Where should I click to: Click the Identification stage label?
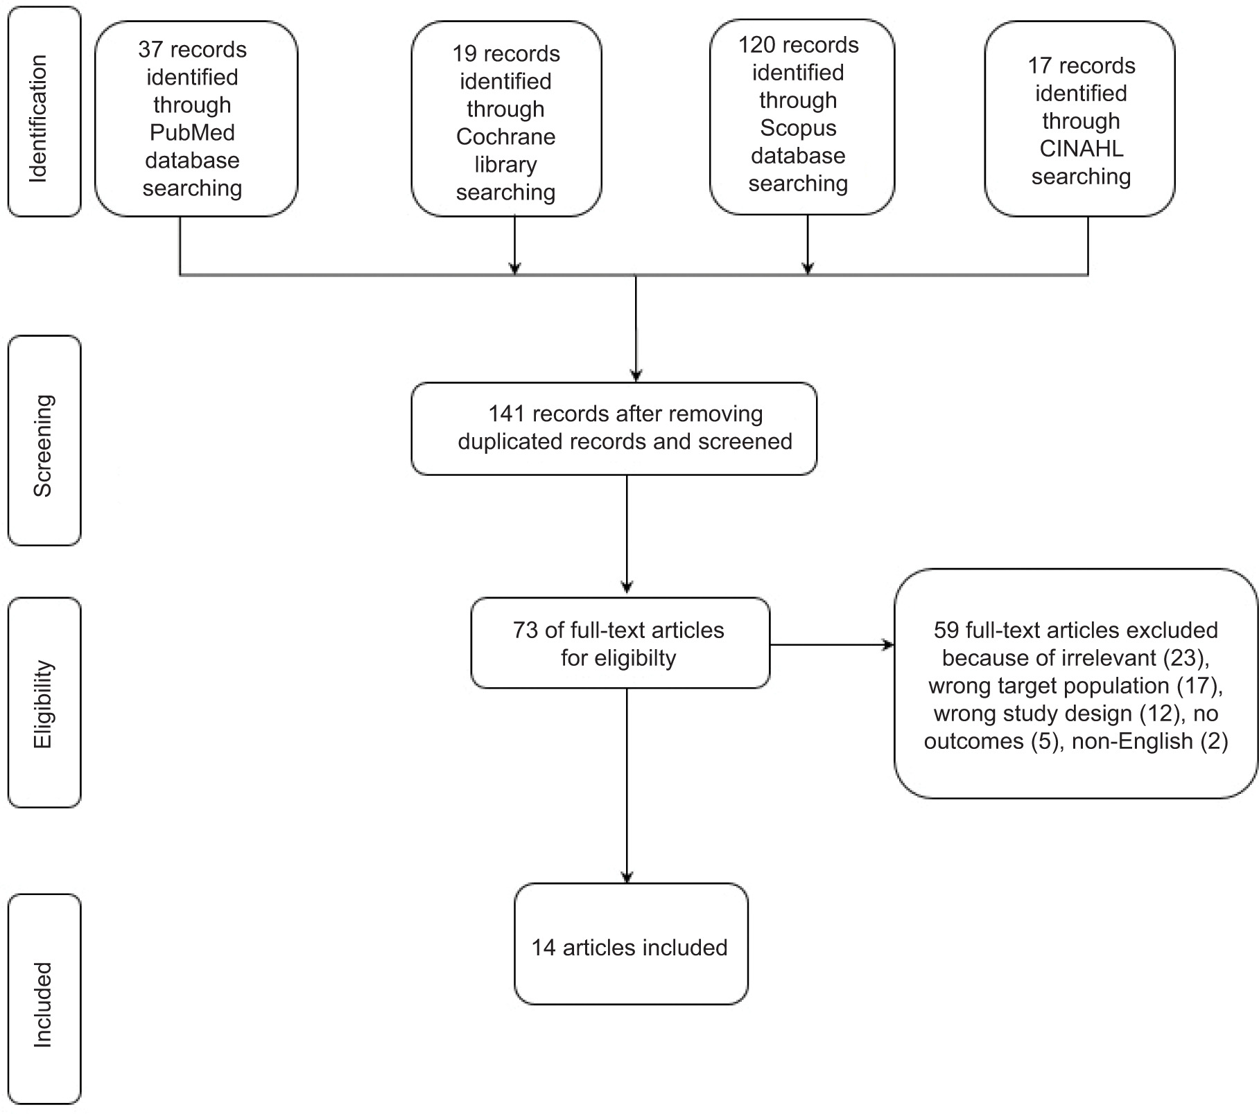(x=38, y=118)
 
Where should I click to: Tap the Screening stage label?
(x=43, y=445)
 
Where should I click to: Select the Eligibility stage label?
(x=43, y=704)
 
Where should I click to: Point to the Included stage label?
(x=43, y=1005)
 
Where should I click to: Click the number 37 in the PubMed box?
(x=150, y=50)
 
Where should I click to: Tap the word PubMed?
(x=193, y=132)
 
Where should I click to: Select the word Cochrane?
(x=506, y=136)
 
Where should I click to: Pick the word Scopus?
(x=798, y=128)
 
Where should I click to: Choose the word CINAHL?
(x=1082, y=149)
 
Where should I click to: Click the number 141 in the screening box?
(x=507, y=414)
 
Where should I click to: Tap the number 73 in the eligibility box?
(x=526, y=630)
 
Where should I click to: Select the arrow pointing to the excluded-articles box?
(x=832, y=645)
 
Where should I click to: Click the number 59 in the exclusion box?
(x=946, y=630)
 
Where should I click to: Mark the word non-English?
(x=1132, y=741)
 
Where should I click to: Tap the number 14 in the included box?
(x=544, y=948)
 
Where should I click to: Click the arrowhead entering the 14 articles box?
(x=627, y=877)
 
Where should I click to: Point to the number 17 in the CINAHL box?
(x=1040, y=66)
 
